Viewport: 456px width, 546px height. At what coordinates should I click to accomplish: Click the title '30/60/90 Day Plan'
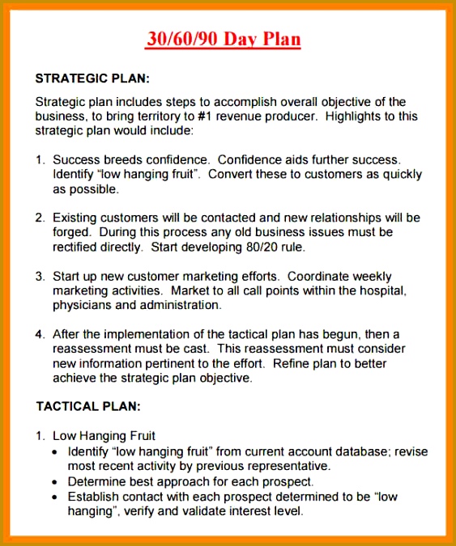pyautogui.click(x=224, y=39)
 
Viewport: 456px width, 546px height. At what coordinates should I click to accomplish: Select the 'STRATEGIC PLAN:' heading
pyautogui.click(x=93, y=79)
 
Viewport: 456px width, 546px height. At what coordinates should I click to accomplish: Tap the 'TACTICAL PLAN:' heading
pyautogui.click(x=88, y=405)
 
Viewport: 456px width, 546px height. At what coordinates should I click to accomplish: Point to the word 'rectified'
pyautogui.click(x=78, y=247)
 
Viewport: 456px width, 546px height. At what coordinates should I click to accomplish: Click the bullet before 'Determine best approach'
pyautogui.click(x=54, y=481)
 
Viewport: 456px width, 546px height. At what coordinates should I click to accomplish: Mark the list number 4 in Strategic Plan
pyautogui.click(x=40, y=334)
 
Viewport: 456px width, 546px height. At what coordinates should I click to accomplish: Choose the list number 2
pyautogui.click(x=40, y=218)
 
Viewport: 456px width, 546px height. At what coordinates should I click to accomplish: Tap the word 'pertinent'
pyautogui.click(x=172, y=363)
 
